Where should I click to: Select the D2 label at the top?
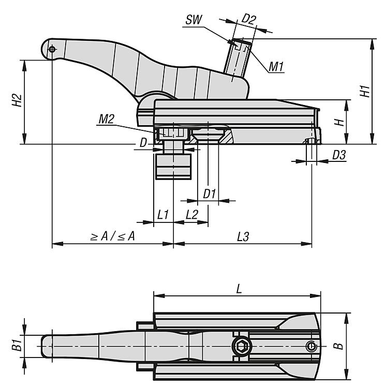[x=249, y=20]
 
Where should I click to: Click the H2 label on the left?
[x=17, y=100]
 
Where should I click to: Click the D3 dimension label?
[x=339, y=154]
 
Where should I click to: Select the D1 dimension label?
[x=209, y=194]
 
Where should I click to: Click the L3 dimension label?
[x=243, y=236]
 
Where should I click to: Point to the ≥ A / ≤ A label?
[x=113, y=236]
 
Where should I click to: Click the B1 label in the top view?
[x=17, y=345]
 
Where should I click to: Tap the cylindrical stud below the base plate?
[x=173, y=165]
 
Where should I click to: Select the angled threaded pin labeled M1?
[x=238, y=59]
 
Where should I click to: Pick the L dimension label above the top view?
[x=238, y=289]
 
